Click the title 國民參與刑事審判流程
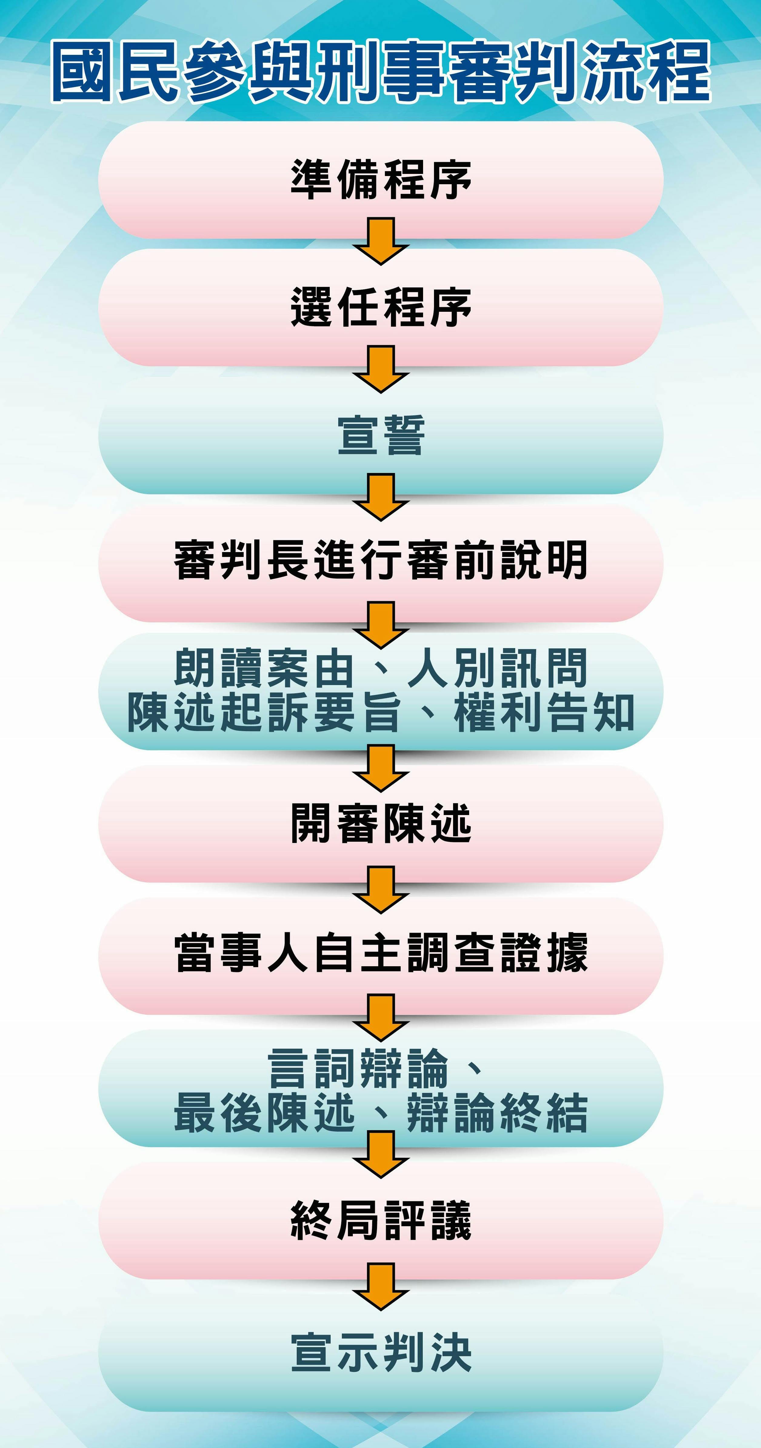point(381,72)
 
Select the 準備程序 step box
point(381,180)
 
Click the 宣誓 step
point(381,436)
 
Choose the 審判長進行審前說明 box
point(381,561)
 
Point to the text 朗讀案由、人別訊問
point(381,668)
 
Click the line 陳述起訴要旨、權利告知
point(381,713)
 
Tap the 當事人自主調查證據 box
point(381,953)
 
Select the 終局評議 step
point(381,1220)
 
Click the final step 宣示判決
point(381,1352)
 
